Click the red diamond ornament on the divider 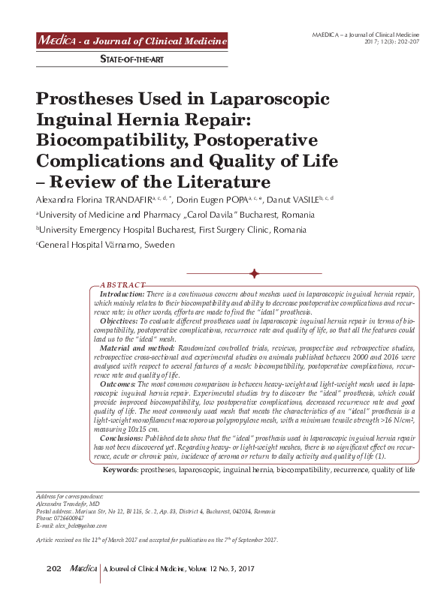(255, 274)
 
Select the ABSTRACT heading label (122, 285)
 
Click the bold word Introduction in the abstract (122, 296)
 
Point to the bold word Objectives (119, 321)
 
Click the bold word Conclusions (122, 437)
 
